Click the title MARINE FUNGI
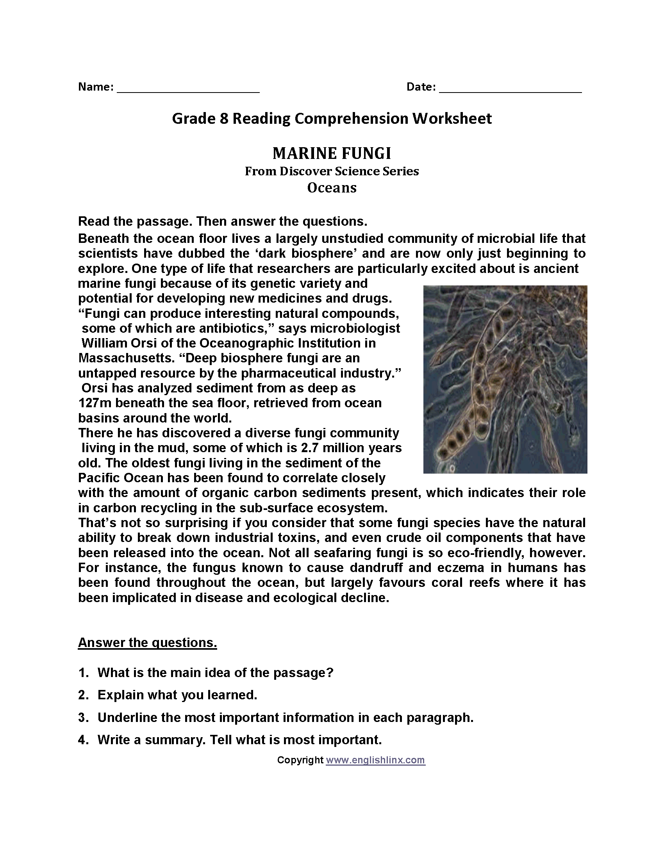pos(332,153)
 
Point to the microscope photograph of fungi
pos(505,379)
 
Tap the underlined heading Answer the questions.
pos(147,642)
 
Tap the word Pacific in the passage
pos(101,478)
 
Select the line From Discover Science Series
pos(332,171)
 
